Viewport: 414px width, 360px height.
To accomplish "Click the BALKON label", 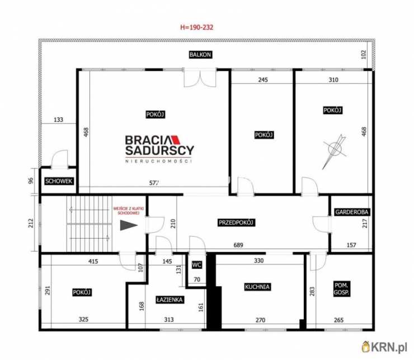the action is (x=200, y=54).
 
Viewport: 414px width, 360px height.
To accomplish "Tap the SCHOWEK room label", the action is (x=59, y=181).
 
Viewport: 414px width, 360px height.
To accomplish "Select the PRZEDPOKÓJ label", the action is (x=236, y=223).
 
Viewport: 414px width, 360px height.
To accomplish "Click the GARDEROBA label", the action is (x=352, y=212).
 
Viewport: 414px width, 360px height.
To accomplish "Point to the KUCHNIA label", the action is (x=257, y=287).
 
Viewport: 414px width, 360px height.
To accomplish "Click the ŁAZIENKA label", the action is (x=170, y=300).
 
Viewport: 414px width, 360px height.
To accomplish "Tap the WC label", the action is (x=197, y=265).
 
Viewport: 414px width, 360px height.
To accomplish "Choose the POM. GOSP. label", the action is (x=341, y=289).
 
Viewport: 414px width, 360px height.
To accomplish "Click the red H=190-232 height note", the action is (x=197, y=27).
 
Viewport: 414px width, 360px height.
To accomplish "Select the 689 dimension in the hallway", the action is (x=238, y=245).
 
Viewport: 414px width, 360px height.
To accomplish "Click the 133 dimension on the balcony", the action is (x=58, y=119).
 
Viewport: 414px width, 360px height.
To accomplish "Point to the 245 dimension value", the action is (x=263, y=80).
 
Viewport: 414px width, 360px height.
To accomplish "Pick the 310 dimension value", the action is (x=333, y=80).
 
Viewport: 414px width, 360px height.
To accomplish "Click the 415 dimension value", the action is (x=93, y=261).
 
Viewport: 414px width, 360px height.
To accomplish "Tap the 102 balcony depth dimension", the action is (x=364, y=54).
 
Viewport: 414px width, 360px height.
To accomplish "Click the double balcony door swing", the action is (x=200, y=78).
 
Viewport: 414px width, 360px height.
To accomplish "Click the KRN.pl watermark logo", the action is (x=384, y=347).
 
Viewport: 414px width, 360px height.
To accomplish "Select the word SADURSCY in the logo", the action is (x=160, y=151).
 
